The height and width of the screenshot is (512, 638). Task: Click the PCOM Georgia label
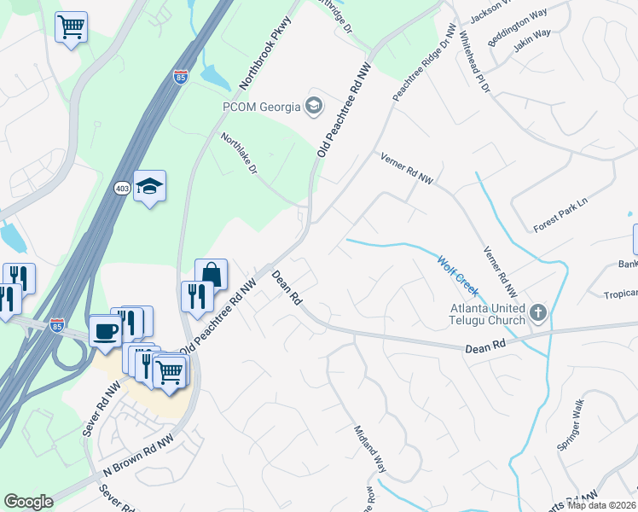point(260,107)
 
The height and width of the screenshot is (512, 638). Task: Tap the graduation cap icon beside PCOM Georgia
point(314,106)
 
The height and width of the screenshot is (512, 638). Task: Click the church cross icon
point(537,313)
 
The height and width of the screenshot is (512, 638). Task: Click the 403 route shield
point(122,188)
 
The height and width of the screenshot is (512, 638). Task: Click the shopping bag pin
point(212,274)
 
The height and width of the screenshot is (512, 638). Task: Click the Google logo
point(28,501)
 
